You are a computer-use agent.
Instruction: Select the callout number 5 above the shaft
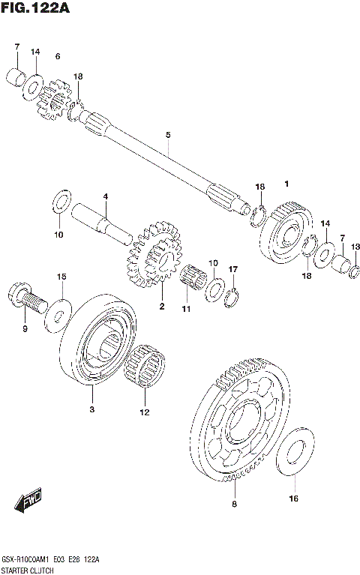coord(169,135)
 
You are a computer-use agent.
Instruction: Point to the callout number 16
coord(293,498)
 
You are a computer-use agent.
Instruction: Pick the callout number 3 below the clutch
coord(91,409)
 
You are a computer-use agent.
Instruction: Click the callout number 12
coord(144,412)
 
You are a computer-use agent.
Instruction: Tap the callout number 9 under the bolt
coord(24,328)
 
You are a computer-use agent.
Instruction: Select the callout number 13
coord(355,247)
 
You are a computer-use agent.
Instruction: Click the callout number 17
coord(233,269)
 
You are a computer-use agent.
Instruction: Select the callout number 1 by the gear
coord(286,184)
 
